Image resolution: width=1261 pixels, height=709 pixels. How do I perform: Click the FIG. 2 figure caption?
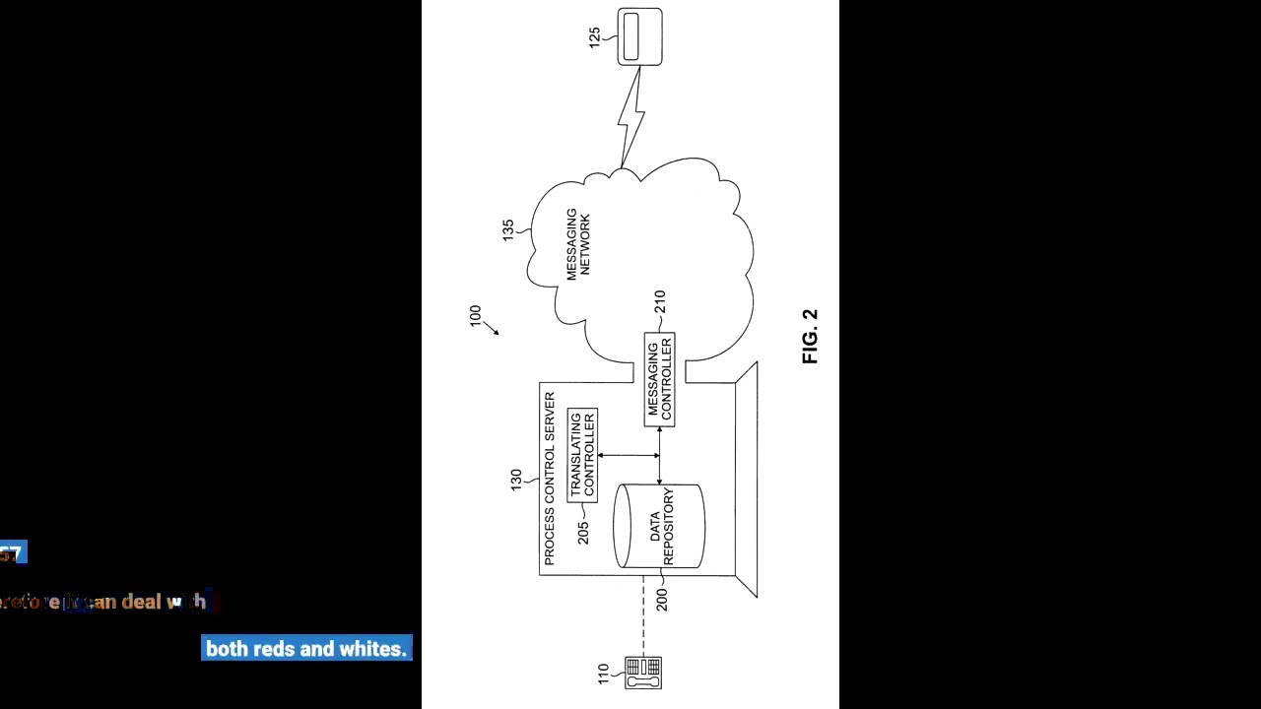tap(810, 337)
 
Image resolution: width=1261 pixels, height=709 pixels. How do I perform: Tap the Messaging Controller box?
tap(659, 380)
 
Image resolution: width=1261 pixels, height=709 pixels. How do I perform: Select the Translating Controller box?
tap(582, 455)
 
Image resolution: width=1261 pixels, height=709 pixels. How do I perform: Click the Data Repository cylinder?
tap(659, 526)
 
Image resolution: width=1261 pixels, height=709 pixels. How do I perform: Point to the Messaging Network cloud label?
tap(577, 244)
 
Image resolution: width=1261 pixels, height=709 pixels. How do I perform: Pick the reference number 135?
tap(508, 230)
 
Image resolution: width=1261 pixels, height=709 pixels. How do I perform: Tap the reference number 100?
tap(476, 316)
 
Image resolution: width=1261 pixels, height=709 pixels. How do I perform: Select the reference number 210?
tap(659, 301)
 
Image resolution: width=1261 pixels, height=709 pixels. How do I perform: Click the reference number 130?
tap(516, 481)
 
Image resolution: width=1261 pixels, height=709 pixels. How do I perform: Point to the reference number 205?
tap(583, 533)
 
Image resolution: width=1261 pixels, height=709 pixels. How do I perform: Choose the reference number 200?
tap(661, 599)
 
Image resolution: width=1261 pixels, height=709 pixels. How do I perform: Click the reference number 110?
tap(604, 675)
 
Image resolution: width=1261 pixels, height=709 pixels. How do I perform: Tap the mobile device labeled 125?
tap(639, 36)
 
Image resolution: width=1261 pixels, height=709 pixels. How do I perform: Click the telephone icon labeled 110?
tap(643, 673)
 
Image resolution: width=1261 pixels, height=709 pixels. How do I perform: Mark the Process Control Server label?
tap(550, 478)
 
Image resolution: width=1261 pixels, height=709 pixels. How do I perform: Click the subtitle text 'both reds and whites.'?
tap(306, 648)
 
